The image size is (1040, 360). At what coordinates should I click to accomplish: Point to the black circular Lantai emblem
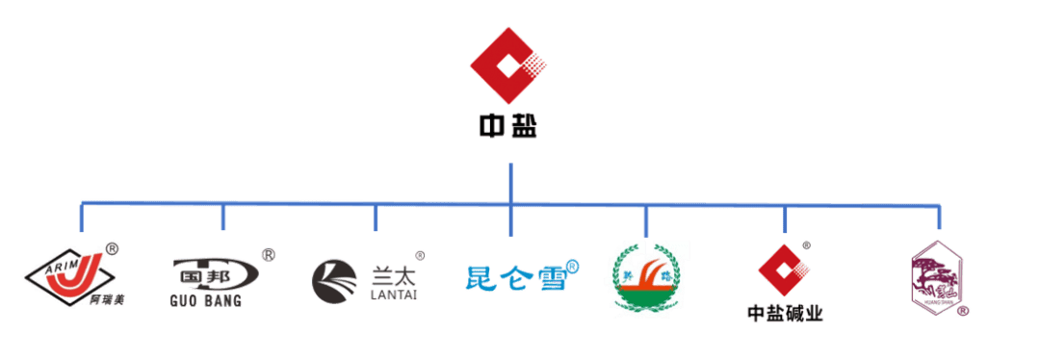334,280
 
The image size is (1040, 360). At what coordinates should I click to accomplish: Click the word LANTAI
394,295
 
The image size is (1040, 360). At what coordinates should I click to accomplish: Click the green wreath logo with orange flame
647,279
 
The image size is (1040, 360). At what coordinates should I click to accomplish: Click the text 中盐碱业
785,313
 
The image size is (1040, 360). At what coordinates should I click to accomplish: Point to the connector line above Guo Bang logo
223,217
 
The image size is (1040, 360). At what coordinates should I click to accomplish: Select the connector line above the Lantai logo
376,218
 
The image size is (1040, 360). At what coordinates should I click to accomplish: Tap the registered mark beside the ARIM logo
113,248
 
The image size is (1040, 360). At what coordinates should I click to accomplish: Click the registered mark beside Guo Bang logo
269,255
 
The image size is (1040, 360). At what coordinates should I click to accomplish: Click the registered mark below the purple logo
963,310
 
